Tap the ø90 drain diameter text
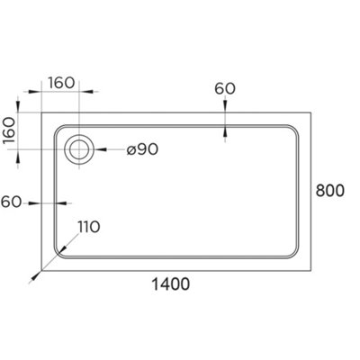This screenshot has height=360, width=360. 142,149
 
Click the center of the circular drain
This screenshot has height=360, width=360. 80,149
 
